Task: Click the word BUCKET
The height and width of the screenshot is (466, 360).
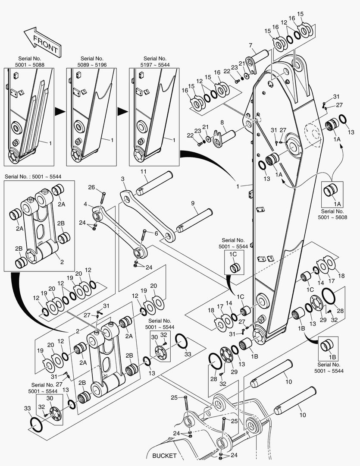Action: [164, 456]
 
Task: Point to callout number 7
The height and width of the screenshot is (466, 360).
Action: [250, 45]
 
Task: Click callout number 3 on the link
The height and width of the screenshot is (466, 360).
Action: [122, 179]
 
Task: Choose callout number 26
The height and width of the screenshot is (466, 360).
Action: [91, 187]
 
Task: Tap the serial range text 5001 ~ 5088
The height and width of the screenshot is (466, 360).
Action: [31, 65]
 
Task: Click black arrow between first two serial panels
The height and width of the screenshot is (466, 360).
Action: [60, 111]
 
